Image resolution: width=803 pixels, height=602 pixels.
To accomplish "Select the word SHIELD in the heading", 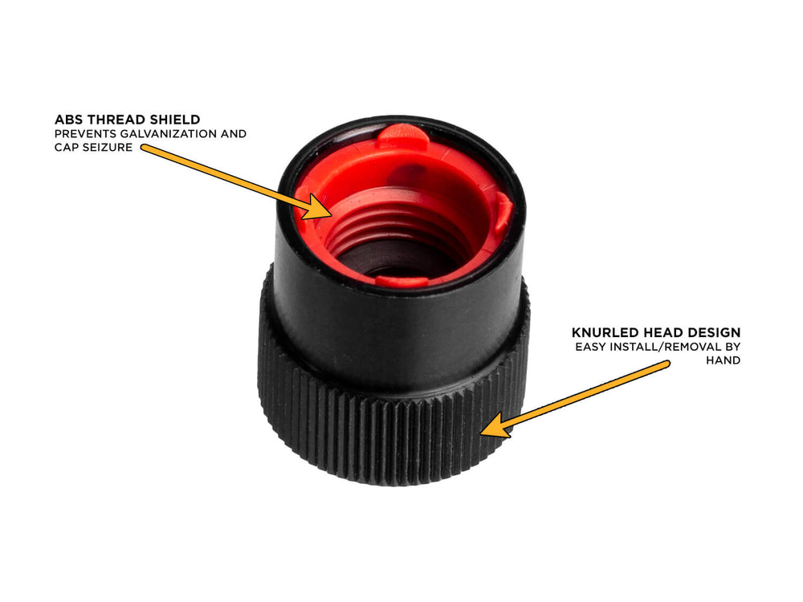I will pos(173,120).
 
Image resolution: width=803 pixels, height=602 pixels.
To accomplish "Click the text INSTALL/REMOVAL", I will pos(666,347).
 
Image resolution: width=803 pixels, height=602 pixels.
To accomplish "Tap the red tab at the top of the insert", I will pos(402,134).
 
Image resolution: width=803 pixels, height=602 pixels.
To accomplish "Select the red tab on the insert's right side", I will pos(502,211).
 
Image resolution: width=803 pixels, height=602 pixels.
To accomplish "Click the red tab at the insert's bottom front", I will pos(401,281).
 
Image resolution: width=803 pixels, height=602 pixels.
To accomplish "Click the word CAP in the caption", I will pos(67,148).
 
